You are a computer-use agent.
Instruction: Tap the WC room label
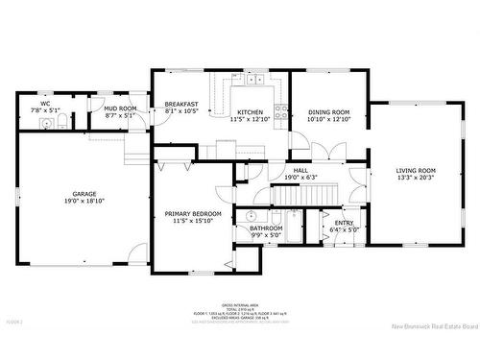click(45, 104)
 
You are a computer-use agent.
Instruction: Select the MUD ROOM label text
click(121, 108)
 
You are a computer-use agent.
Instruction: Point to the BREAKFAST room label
click(181, 105)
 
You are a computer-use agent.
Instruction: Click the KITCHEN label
click(251, 112)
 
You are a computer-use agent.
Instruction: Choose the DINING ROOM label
click(329, 112)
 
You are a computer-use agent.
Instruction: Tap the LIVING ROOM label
click(416, 171)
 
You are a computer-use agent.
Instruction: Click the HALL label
click(300, 170)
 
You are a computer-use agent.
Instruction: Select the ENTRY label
click(344, 223)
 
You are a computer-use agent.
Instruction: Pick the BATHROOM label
click(266, 228)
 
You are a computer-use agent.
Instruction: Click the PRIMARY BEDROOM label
click(193, 213)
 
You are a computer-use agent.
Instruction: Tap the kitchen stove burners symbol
click(281, 111)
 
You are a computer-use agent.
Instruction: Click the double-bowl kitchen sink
click(254, 79)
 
